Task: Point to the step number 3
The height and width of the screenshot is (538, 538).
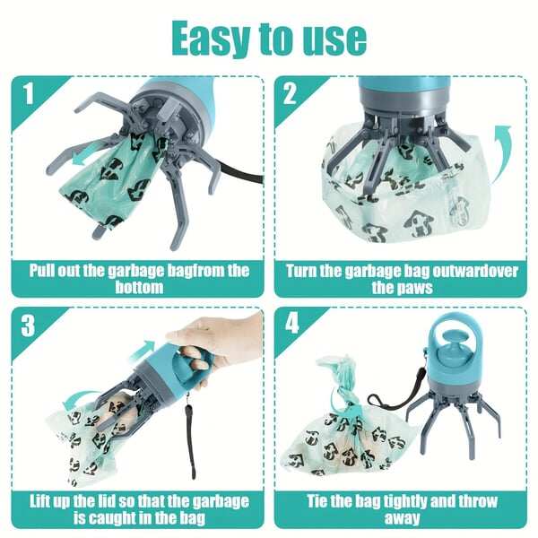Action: pos(29,325)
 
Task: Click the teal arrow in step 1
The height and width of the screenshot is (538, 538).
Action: pos(86,155)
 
